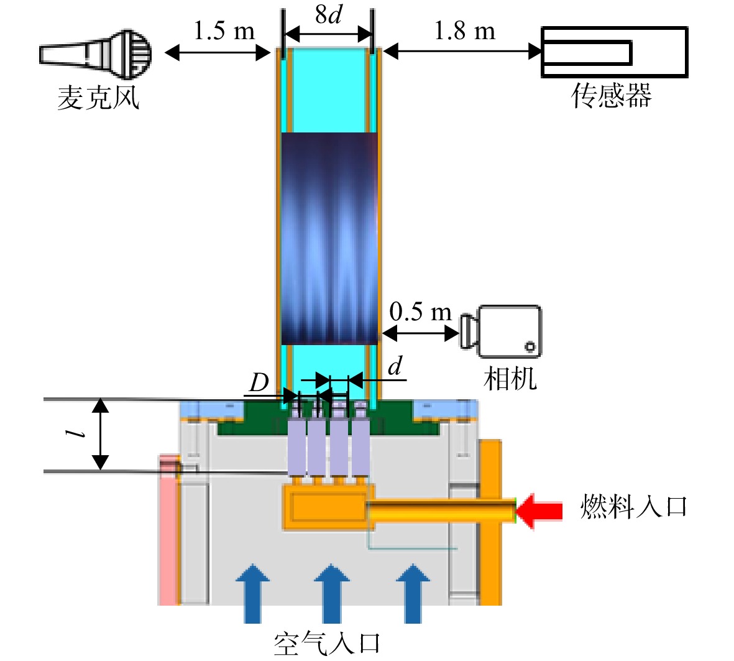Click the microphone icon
(96, 54)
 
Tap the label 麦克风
(98, 98)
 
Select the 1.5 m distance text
(224, 31)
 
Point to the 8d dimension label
(329, 14)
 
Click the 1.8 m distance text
(464, 31)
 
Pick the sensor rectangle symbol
(614, 52)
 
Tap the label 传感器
(612, 96)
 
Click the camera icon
(501, 331)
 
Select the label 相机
(510, 378)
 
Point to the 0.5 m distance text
(420, 312)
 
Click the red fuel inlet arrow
(539, 511)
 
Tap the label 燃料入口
(633, 506)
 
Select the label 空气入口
(327, 643)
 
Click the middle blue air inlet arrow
(332, 594)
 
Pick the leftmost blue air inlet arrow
(253, 594)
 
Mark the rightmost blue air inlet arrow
(413, 594)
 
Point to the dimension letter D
(259, 383)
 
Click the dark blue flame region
(329, 239)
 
